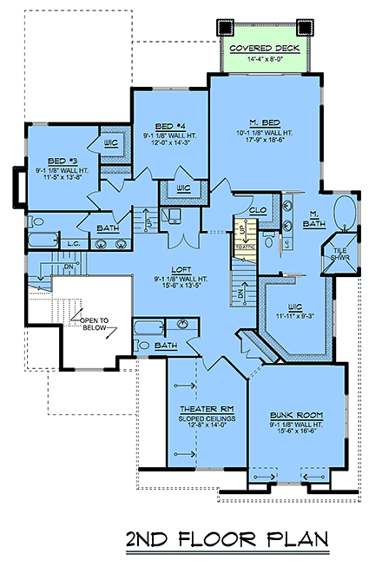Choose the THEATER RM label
click(203, 408)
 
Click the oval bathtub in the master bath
click(345, 211)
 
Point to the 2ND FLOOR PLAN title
click(227, 540)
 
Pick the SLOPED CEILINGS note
click(203, 417)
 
